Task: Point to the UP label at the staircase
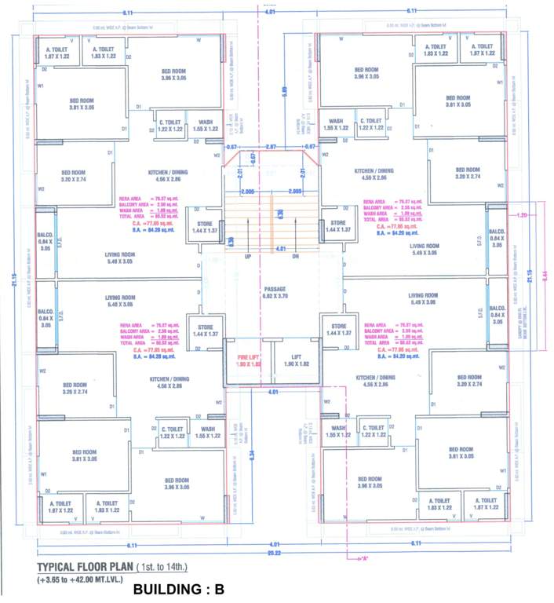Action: pos(249,256)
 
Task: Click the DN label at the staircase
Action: pos(296,256)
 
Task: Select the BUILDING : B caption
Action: pos(180,588)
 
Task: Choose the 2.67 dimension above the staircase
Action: pos(272,147)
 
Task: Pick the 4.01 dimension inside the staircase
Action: pos(272,250)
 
